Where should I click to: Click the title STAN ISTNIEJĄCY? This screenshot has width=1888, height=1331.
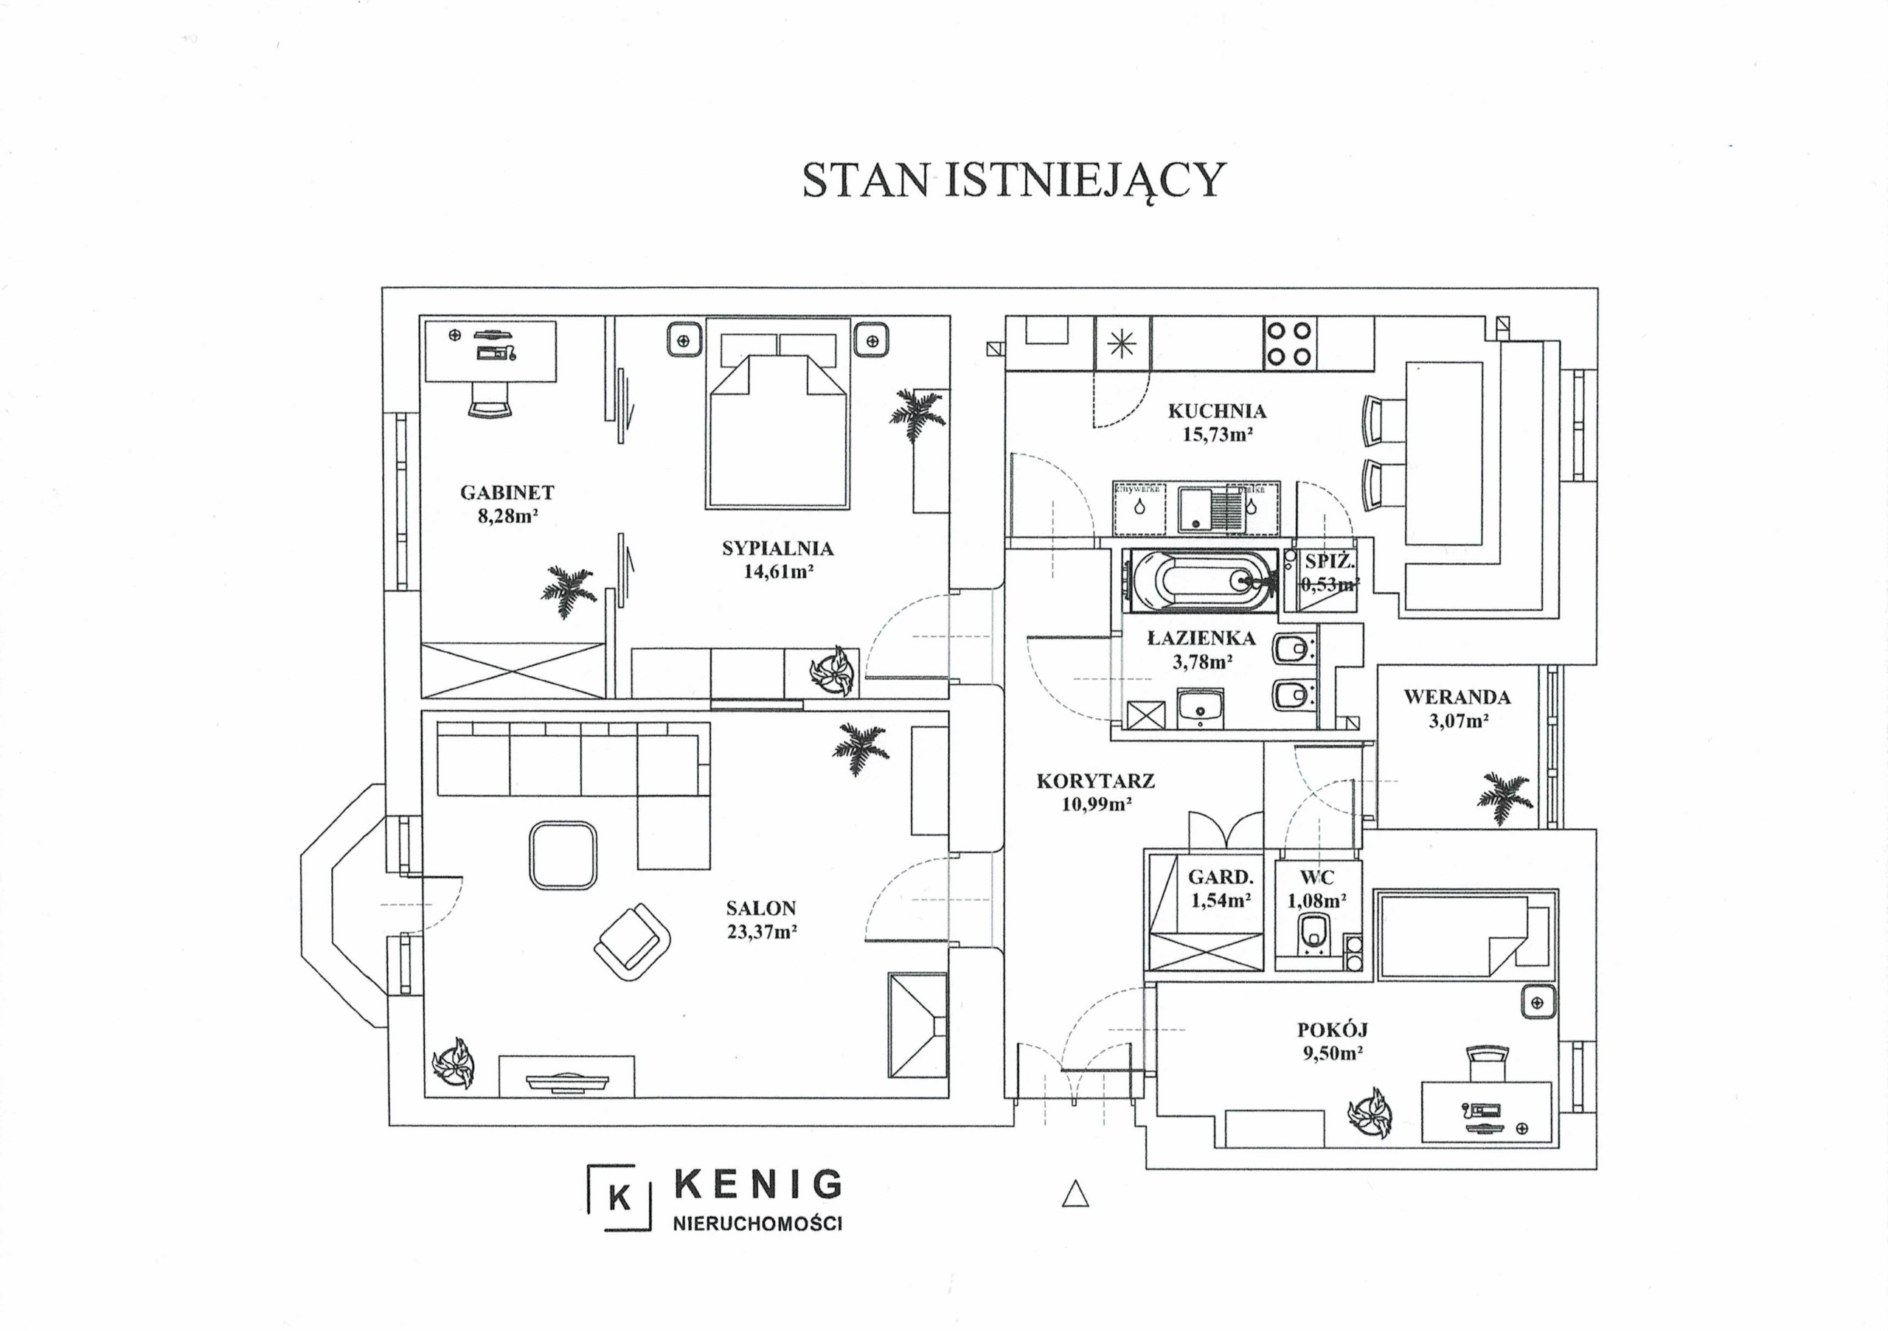click(x=1013, y=180)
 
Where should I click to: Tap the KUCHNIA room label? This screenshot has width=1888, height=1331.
click(x=1217, y=411)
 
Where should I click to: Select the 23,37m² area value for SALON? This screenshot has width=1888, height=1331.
click(x=761, y=932)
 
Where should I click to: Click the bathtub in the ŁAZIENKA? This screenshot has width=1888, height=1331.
click(x=1201, y=580)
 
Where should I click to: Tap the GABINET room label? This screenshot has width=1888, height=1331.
click(x=507, y=493)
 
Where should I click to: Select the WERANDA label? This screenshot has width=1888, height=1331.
click(x=1457, y=697)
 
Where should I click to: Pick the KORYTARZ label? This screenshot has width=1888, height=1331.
click(x=1095, y=781)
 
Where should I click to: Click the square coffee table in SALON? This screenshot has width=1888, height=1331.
click(x=563, y=855)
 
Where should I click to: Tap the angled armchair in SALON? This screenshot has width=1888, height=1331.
click(x=631, y=942)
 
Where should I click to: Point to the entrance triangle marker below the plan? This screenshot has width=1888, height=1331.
click(x=1075, y=1194)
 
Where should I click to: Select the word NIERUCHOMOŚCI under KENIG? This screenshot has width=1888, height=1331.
click(x=757, y=1224)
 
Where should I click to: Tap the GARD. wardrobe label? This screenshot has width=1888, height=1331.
click(x=1221, y=878)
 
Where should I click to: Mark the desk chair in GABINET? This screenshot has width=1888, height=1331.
click(x=490, y=400)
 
